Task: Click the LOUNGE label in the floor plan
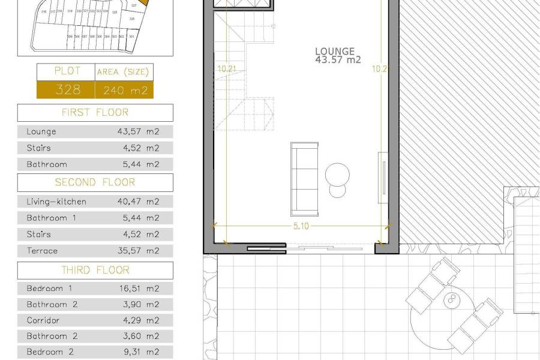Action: click(x=335, y=52)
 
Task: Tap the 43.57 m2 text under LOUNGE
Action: click(x=338, y=60)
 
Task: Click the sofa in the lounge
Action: click(x=304, y=178)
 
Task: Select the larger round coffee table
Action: click(x=337, y=175)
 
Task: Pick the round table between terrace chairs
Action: click(x=451, y=299)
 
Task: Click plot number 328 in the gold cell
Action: click(x=68, y=90)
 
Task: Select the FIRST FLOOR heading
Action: click(x=95, y=112)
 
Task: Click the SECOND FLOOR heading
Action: click(x=95, y=182)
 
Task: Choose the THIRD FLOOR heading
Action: click(x=95, y=271)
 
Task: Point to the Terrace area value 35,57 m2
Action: click(x=139, y=251)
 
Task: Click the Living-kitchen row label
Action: click(x=56, y=202)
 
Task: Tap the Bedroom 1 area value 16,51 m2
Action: click(x=139, y=289)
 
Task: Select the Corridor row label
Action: click(x=43, y=320)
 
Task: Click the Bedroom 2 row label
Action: click(x=50, y=352)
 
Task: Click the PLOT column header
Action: click(x=67, y=71)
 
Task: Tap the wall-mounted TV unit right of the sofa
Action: click(x=382, y=174)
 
